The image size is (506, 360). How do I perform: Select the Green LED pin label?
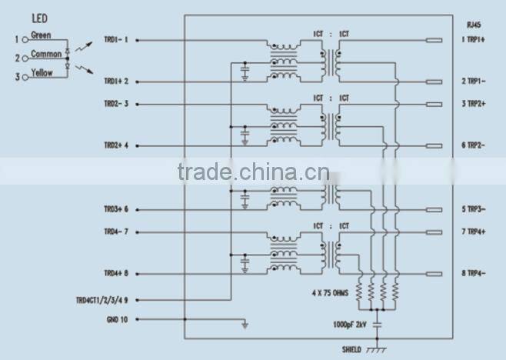pos(41,35)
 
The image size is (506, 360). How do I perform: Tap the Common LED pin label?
pos(46,55)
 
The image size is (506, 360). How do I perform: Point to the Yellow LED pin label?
pos(42,73)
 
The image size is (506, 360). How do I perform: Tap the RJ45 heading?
pos(474,24)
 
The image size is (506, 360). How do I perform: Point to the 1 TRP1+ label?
pos(474,39)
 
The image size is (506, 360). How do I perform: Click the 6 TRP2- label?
pos(474,145)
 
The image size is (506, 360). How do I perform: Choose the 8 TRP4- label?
pos(474,273)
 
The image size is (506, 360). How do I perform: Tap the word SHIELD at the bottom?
pos(351,349)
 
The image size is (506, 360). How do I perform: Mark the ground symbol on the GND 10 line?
pos(245,325)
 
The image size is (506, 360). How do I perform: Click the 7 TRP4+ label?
pos(474,231)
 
